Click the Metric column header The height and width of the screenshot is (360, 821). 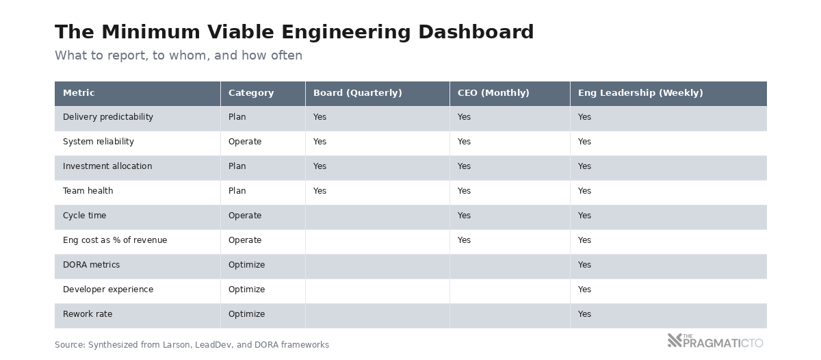tap(79, 93)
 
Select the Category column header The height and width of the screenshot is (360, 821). tap(250, 93)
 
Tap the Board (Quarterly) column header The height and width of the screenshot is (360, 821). tap(357, 93)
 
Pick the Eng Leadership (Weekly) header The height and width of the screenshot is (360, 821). tap(640, 93)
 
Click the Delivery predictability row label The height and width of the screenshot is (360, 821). tap(107, 117)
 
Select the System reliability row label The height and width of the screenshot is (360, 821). tap(98, 142)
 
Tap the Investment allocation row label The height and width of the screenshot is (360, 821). tap(107, 166)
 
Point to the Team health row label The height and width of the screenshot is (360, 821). tap(88, 191)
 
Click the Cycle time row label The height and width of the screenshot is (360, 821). tap(84, 216)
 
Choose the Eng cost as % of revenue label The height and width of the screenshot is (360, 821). tap(114, 240)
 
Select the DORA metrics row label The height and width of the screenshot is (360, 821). tap(91, 265)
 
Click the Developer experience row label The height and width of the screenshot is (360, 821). tap(107, 290)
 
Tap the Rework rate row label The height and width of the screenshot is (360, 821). tap(87, 314)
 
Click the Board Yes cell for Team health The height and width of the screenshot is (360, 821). tap(320, 191)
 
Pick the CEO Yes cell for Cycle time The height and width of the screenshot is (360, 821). tap(464, 216)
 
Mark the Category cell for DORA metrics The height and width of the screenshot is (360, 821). tap(246, 265)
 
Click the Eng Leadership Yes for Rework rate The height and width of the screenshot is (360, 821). tap(584, 314)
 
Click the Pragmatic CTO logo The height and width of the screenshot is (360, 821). tap(715, 341)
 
